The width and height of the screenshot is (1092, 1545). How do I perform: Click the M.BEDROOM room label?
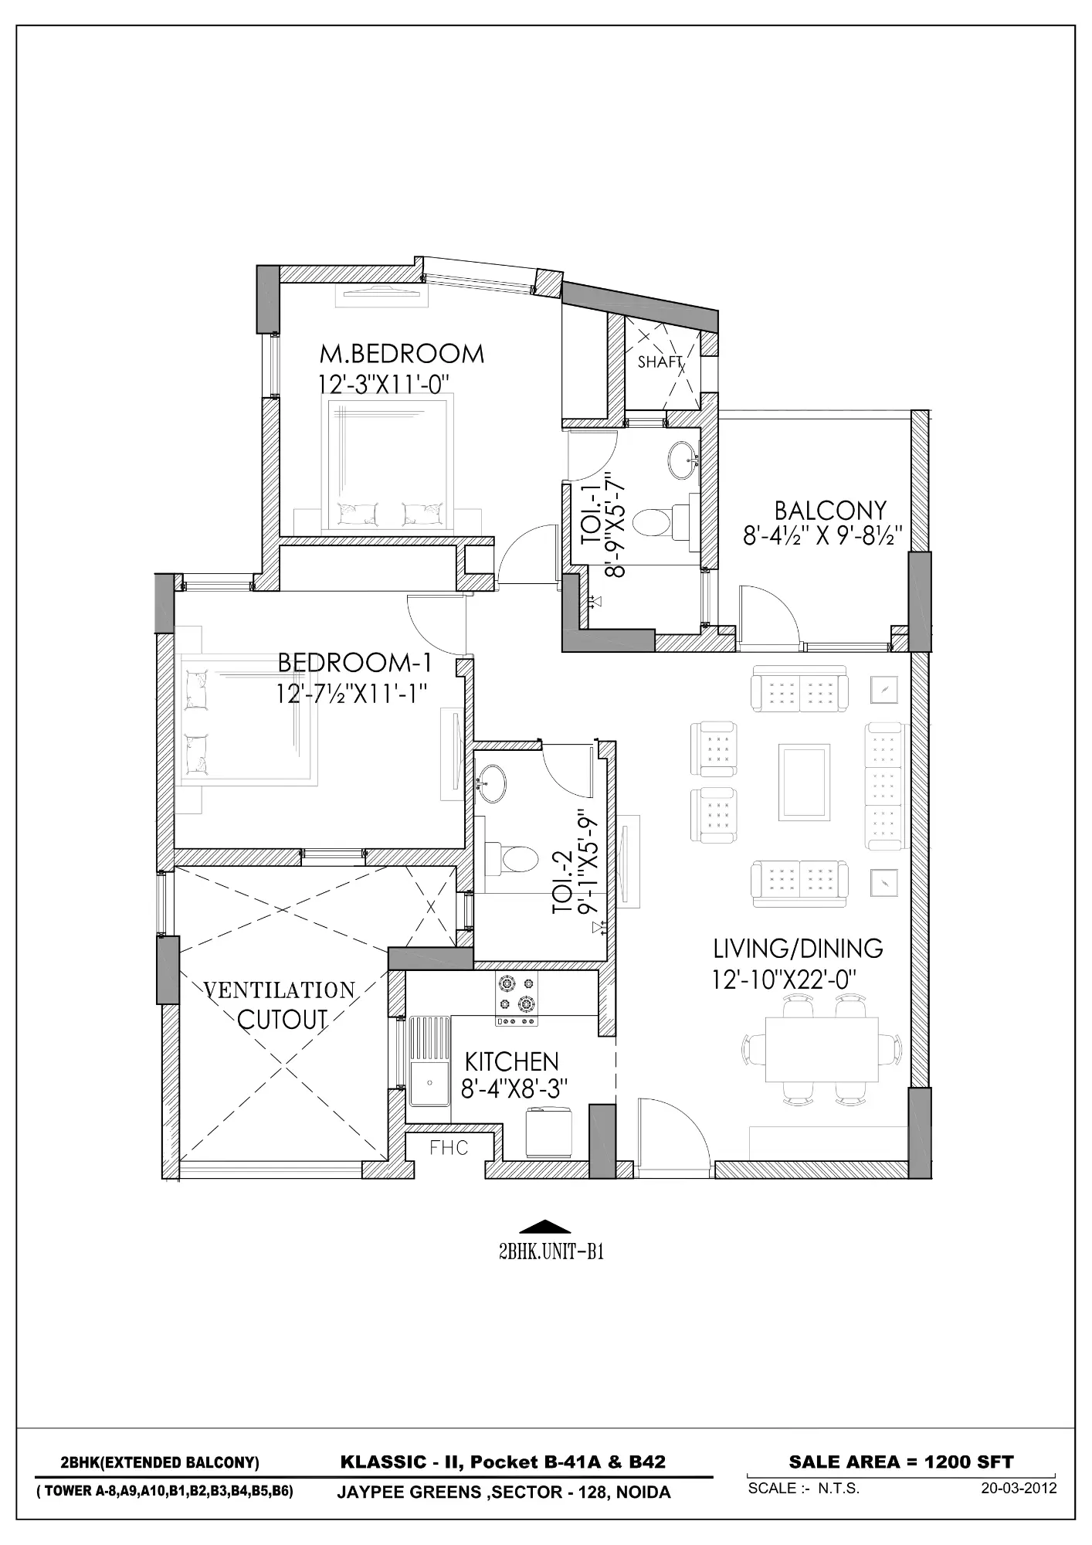tap(402, 354)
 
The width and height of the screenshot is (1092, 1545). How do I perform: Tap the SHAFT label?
tap(660, 362)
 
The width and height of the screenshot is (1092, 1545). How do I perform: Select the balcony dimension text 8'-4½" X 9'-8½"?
tap(823, 536)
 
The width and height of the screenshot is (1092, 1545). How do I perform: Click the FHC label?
tap(449, 1149)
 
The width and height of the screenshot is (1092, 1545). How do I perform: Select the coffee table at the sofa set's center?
tap(805, 782)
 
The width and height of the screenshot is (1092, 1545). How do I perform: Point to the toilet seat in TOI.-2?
tap(515, 858)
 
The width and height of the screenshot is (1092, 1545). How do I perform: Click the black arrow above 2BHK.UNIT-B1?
tap(545, 1227)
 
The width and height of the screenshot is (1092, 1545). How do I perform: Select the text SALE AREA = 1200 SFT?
tap(900, 1462)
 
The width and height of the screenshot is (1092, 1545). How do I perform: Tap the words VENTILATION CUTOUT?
tap(280, 1004)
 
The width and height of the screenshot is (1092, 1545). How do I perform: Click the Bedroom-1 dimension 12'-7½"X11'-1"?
tap(352, 693)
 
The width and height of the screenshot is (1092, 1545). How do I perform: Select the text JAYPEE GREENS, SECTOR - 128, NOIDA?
tap(504, 1492)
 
